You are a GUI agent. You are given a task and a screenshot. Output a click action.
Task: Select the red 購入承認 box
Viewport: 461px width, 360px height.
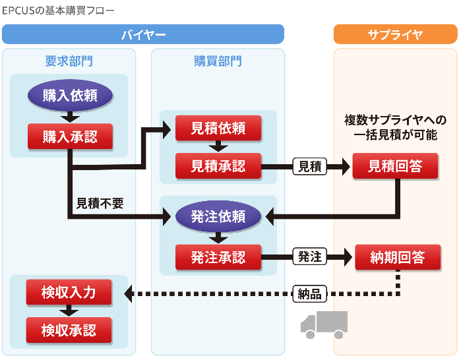[x=70, y=136]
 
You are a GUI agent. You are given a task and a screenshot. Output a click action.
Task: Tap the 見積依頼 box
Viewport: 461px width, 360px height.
[x=218, y=128]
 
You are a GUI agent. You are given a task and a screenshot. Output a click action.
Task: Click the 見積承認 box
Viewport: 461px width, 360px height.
[x=218, y=165]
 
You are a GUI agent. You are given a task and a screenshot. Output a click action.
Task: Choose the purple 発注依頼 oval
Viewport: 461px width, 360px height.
[x=218, y=217]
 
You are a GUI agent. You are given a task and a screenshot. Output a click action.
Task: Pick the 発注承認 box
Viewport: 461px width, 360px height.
[x=218, y=256]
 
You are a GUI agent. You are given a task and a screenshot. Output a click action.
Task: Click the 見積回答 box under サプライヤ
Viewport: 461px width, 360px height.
[x=395, y=165]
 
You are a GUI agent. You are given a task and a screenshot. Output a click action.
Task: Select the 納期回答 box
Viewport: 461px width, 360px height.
[x=398, y=256]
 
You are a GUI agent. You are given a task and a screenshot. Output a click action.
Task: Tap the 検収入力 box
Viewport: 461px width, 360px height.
[x=69, y=292]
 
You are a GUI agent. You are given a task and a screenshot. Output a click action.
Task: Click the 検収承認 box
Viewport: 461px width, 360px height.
[x=69, y=330]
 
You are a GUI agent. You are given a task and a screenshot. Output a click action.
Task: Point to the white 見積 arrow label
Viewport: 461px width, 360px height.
[x=310, y=166]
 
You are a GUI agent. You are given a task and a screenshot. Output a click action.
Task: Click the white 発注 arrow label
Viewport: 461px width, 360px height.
[x=310, y=257]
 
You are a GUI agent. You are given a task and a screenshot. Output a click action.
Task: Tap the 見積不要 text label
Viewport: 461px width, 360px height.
[x=100, y=204]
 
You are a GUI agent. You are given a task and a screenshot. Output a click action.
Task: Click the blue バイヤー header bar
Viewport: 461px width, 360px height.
[x=143, y=34]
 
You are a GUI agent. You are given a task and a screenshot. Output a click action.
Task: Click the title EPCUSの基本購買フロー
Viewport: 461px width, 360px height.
[x=58, y=11]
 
